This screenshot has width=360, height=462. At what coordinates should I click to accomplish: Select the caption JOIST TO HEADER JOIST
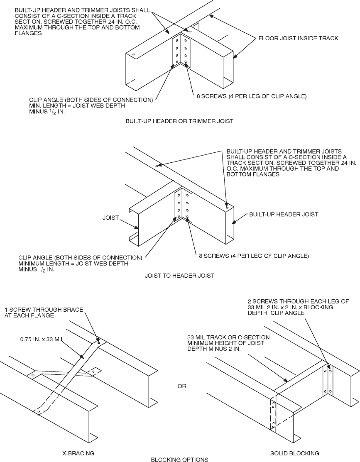(180, 275)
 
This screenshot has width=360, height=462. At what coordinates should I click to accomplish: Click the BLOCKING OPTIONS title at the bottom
(180, 459)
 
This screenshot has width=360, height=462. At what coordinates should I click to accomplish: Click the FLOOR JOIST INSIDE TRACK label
(299, 39)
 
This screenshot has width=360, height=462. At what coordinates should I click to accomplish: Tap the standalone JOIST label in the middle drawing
(110, 217)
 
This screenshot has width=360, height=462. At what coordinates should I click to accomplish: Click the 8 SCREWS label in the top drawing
(251, 96)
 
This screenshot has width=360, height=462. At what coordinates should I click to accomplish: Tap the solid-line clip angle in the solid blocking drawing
(328, 380)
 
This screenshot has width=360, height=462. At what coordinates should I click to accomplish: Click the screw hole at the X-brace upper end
(99, 343)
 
